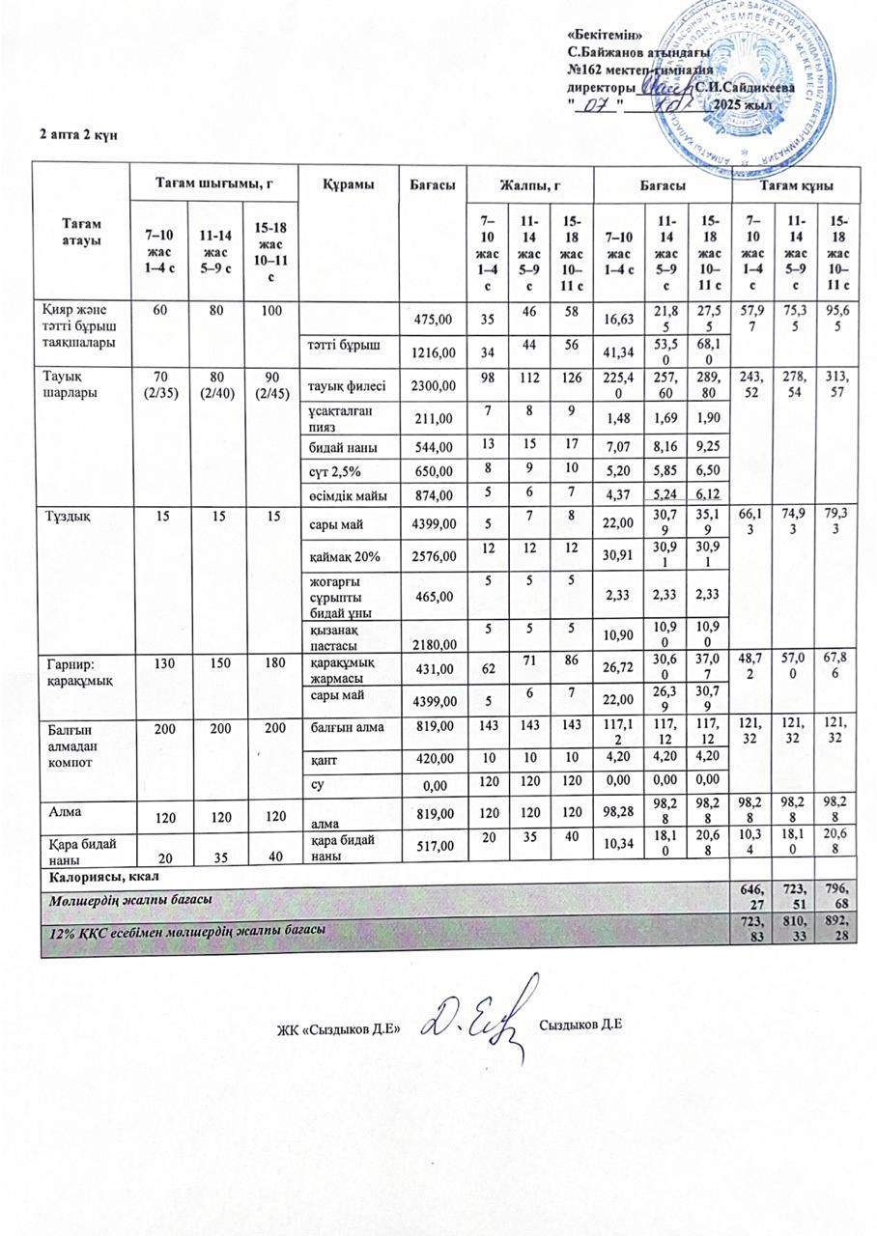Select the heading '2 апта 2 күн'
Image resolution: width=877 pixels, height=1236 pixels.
click(x=78, y=133)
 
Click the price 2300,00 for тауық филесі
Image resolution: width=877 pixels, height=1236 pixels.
click(x=431, y=387)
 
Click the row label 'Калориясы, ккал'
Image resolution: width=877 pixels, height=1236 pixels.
click(x=99, y=875)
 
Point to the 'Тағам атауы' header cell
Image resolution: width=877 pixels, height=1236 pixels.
click(x=82, y=232)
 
